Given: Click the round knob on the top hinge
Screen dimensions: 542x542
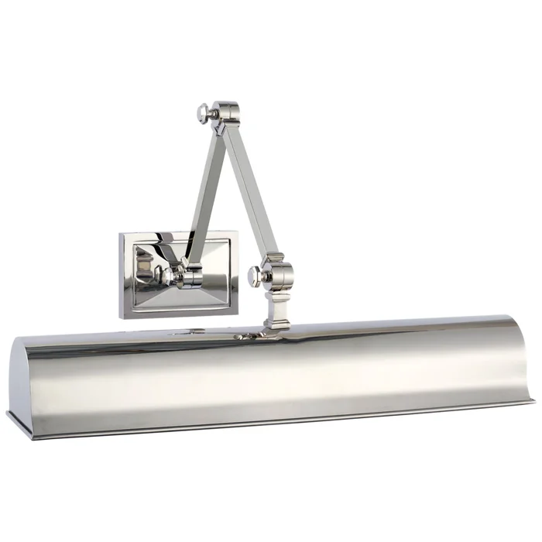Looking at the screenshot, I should tap(201, 114).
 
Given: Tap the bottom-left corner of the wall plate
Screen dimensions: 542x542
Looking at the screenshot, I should tap(122, 316).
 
